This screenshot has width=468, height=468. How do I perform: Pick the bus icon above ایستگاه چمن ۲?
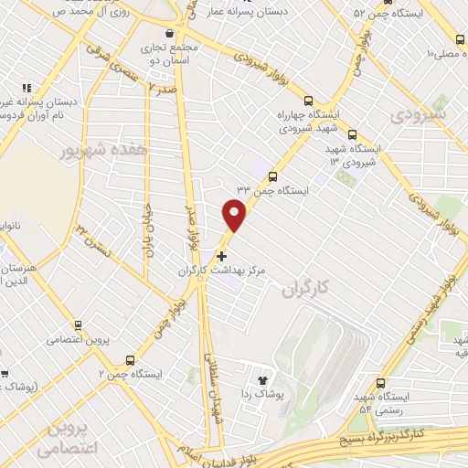click(x=131, y=360)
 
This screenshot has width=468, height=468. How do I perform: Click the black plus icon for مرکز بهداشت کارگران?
click(x=221, y=257)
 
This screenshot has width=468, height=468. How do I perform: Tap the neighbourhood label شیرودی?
click(x=419, y=116)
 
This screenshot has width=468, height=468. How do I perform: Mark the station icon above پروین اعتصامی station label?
click(x=79, y=324)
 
